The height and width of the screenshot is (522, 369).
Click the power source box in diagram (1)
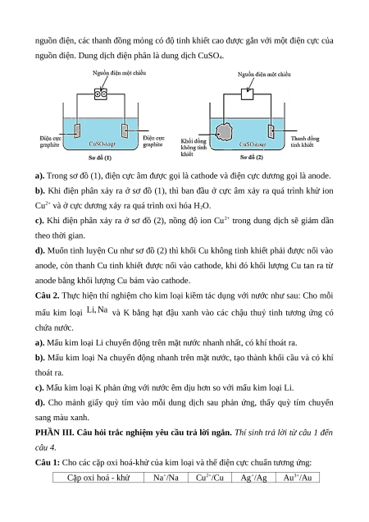(x=101, y=94)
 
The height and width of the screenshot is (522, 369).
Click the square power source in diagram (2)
(x=247, y=94)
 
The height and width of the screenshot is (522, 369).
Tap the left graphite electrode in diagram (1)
(x=77, y=130)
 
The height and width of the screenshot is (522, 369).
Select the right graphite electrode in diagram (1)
(x=125, y=130)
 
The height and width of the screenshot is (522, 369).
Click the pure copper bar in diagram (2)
(x=271, y=131)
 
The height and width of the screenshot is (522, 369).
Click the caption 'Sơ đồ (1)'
(x=100, y=158)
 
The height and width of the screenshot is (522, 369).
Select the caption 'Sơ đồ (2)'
(x=252, y=157)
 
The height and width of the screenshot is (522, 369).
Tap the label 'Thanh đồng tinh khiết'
(x=305, y=141)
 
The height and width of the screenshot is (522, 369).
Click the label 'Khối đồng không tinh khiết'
(x=194, y=148)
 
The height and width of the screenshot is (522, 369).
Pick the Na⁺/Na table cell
(x=166, y=478)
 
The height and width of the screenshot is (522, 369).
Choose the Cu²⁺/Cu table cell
(x=210, y=478)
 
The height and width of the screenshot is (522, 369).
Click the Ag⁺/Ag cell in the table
(x=253, y=478)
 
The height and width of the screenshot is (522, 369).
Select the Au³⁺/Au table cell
(x=298, y=478)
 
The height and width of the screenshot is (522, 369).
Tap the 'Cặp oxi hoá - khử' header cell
(x=98, y=478)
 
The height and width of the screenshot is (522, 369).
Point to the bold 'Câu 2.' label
(x=48, y=295)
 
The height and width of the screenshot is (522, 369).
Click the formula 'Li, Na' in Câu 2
(x=97, y=310)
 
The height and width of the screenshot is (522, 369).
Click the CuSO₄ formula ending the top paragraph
(x=211, y=56)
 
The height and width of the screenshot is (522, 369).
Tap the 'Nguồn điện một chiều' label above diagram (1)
(x=119, y=73)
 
